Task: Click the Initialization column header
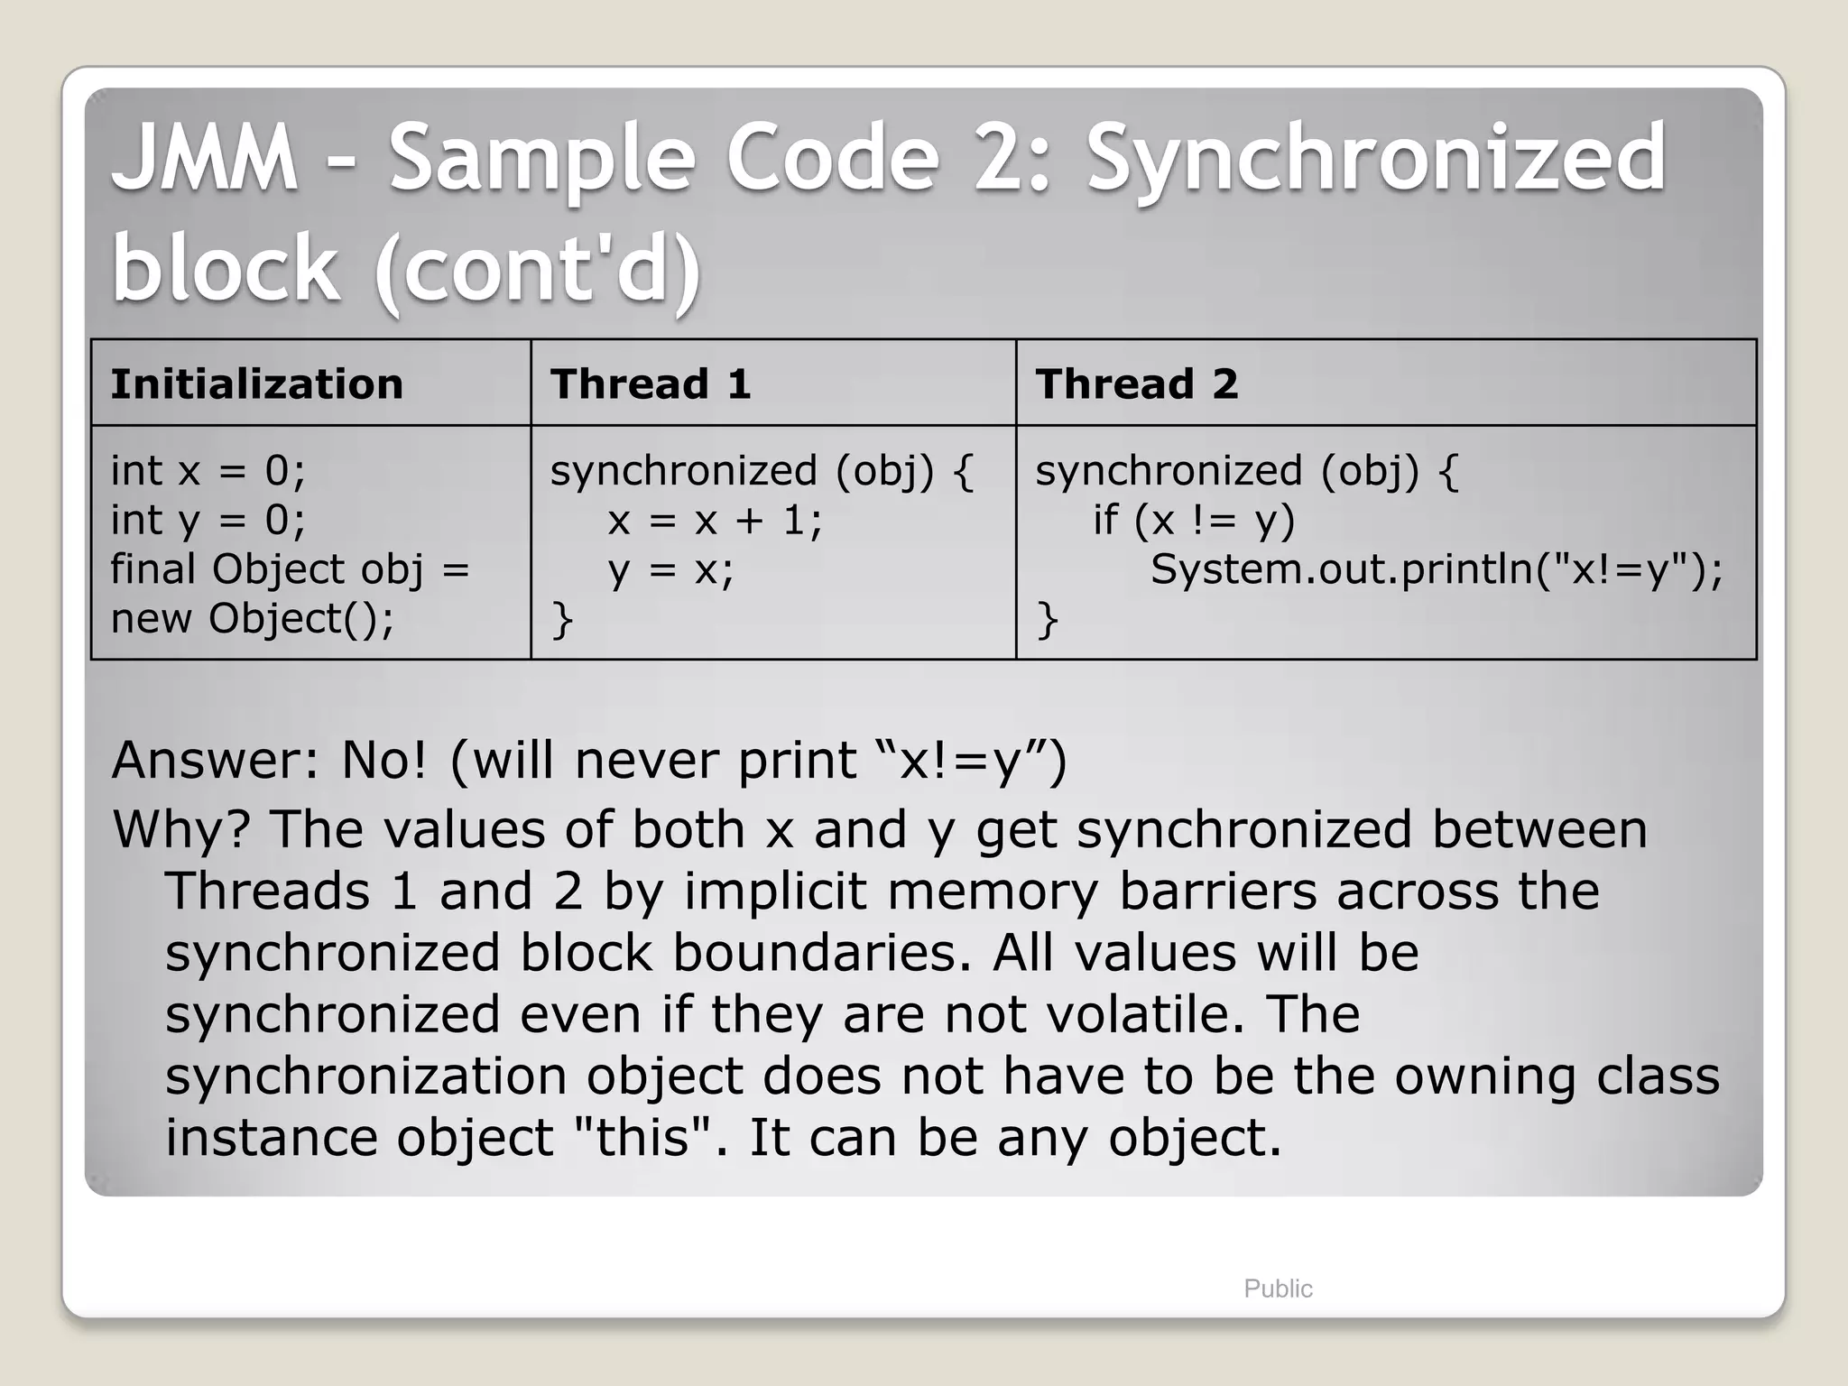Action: point(256,384)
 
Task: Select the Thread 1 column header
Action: point(650,384)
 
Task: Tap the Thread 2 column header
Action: point(1136,384)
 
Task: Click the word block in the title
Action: point(225,268)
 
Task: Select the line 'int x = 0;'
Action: point(208,471)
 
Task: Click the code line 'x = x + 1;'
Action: point(715,521)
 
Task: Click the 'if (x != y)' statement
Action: point(1193,521)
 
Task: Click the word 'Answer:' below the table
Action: point(215,761)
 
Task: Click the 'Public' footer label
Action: point(1277,1289)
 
